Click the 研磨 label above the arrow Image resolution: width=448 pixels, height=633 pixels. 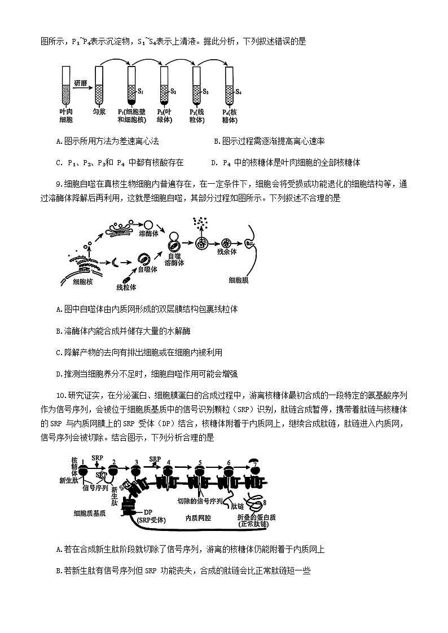[80, 83]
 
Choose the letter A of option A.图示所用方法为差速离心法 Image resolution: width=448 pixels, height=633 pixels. [59, 141]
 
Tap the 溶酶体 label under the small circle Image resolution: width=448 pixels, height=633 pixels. [148, 233]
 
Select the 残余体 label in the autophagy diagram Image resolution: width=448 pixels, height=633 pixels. [226, 251]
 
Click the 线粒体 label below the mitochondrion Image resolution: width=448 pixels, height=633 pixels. [126, 287]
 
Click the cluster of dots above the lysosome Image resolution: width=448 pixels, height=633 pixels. [199, 222]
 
